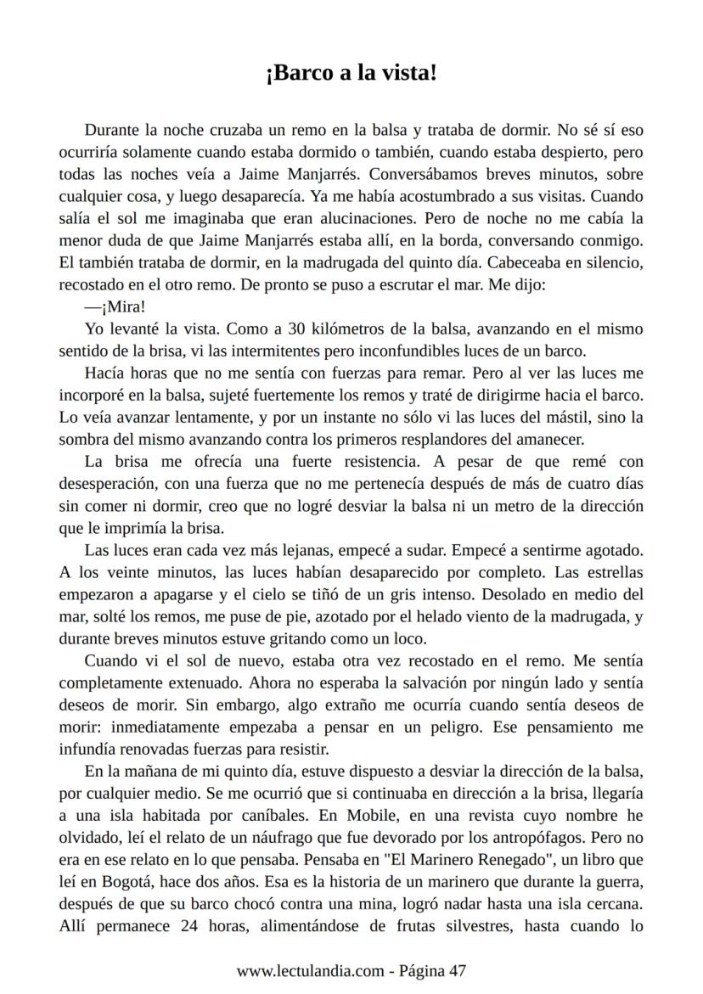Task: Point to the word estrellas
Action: pyautogui.click(x=610, y=572)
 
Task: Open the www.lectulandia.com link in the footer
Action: pyautogui.click(x=311, y=970)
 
